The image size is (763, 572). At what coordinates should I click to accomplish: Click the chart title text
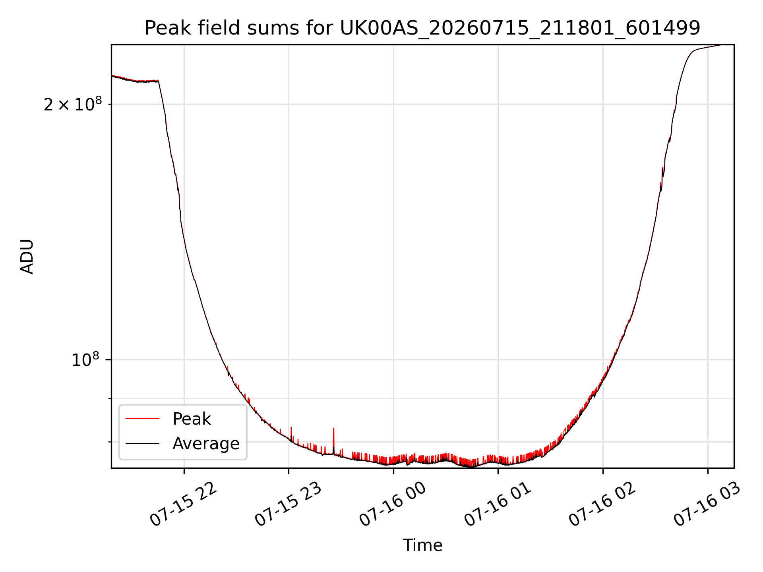pos(422,28)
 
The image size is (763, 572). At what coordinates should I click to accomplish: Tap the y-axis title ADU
pos(27,257)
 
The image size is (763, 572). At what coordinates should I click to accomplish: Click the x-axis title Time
pos(422,545)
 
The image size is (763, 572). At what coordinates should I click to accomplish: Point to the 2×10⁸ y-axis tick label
pos(73,104)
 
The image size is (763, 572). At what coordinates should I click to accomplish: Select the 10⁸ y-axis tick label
pos(85,360)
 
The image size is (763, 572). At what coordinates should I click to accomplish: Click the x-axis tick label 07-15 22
pos(184,504)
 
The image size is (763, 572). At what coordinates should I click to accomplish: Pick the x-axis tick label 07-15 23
pos(289,504)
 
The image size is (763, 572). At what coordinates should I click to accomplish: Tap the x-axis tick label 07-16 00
pos(393,504)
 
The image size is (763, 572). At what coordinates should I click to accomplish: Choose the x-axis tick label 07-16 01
pos(498,504)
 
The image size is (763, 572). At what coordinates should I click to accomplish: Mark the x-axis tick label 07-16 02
pos(603,504)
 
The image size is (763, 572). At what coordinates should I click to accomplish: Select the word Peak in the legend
pos(192,419)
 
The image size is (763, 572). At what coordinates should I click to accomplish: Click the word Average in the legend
pos(206,444)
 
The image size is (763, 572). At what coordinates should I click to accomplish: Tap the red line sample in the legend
pos(142,419)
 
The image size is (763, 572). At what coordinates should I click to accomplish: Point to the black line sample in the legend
pos(142,443)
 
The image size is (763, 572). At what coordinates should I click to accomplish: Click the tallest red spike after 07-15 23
pos(333,429)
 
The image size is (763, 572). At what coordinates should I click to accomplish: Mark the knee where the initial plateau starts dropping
pos(158,81)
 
